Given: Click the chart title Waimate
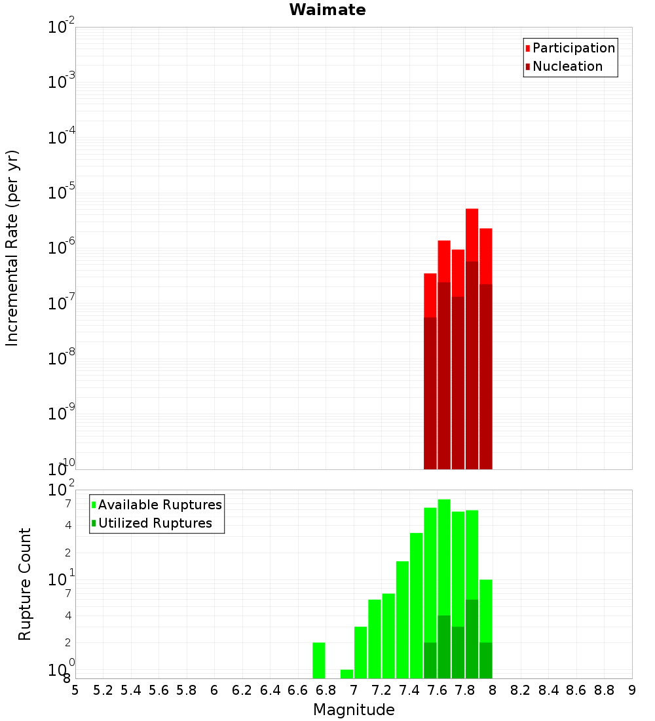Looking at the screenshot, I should click(327, 10).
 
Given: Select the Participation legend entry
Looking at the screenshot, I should click(573, 48).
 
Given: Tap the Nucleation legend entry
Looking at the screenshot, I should click(567, 66).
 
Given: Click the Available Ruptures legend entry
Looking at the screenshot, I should click(159, 505).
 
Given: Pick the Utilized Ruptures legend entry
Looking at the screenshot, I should click(154, 523).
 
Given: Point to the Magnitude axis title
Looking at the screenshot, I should click(354, 710).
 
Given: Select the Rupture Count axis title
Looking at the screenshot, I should click(25, 584).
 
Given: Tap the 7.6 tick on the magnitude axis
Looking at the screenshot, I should click(438, 690).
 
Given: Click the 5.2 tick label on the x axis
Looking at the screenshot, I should click(103, 690).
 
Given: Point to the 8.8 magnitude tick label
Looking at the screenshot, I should click(605, 690).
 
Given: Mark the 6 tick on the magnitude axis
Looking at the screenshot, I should click(214, 690).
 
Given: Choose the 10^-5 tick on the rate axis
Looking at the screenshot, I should click(62, 193).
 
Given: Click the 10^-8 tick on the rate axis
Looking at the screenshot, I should click(62, 359).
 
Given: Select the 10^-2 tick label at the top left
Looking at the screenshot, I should click(62, 28).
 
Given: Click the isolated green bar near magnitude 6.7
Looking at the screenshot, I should click(319, 661).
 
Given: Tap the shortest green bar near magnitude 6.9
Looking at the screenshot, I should click(346, 674).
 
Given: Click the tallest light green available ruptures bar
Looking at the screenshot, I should click(444, 557).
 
